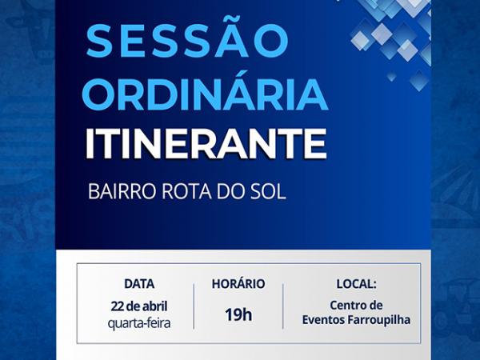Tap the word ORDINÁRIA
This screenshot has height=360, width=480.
click(205, 94)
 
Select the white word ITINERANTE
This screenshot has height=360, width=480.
click(206, 144)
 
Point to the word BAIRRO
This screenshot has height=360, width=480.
click(122, 193)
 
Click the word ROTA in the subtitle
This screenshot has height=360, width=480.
click(186, 193)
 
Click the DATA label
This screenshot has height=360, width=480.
click(139, 283)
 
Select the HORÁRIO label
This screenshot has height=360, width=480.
click(238, 283)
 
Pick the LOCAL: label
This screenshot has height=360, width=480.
click(356, 283)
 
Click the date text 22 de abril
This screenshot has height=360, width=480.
click(139, 306)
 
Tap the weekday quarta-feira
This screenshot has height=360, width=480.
click(139, 322)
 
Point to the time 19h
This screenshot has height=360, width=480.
click(238, 314)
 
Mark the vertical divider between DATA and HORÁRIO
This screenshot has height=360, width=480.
click(194, 306)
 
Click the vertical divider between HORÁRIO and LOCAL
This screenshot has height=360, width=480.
click(282, 306)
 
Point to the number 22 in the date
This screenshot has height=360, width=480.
click(118, 306)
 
